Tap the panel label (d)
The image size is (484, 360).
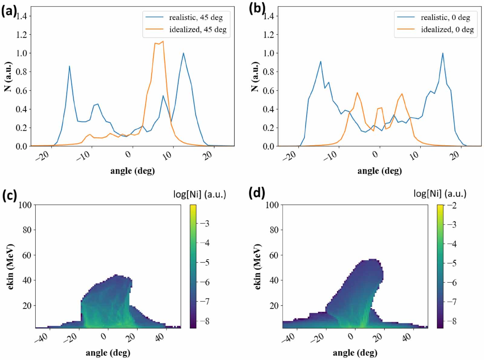coord(257,193)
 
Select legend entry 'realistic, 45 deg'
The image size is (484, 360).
coord(196,18)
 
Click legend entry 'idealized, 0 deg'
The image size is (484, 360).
coord(447,30)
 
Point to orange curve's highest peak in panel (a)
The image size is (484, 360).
coord(163,41)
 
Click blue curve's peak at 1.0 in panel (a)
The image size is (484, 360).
coord(183,53)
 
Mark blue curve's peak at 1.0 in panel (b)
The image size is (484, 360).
coord(443,53)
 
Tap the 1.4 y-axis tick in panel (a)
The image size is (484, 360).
coord(21,16)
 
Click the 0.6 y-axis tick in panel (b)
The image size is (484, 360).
coord(269,90)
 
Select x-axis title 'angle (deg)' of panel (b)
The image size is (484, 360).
coord(379,171)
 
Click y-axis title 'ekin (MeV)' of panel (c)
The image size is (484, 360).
coord(11,266)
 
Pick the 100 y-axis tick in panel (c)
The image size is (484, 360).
coord(25,205)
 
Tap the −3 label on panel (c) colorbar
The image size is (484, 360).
coord(205,224)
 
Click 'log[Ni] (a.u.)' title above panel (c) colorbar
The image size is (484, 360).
coord(200,194)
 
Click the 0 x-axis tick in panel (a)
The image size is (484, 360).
coord(129,154)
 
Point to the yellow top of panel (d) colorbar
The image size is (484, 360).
coord(440,206)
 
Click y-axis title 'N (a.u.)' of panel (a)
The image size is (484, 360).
coord(8,77)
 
